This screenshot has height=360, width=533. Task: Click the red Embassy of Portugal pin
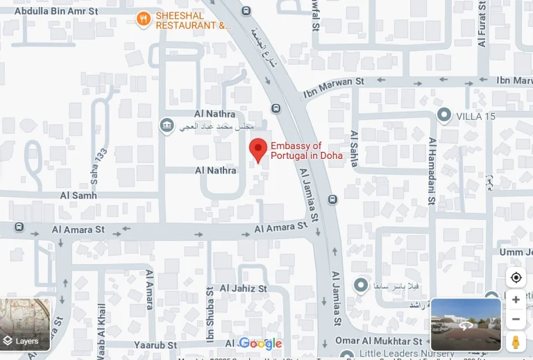pyautogui.click(x=258, y=149)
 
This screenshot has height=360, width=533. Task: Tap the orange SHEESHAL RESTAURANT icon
pyautogui.click(x=144, y=19)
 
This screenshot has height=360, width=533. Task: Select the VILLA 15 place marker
pyautogui.click(x=444, y=115)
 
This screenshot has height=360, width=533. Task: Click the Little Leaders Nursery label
pyautogui.click(x=406, y=353)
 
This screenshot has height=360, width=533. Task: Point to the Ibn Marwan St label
pyautogui.click(x=333, y=87)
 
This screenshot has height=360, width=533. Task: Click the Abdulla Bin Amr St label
pyautogui.click(x=56, y=11)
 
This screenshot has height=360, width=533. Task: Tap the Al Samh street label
pyautogui.click(x=78, y=196)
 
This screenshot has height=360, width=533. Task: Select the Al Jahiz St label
pyautogui.click(x=244, y=288)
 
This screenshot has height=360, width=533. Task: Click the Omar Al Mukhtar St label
pyautogui.click(x=378, y=341)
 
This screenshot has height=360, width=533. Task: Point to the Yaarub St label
pyautogui.click(x=157, y=345)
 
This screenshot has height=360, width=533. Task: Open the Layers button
pyautogui.click(x=26, y=325)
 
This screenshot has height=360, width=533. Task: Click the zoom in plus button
pyautogui.click(x=516, y=300)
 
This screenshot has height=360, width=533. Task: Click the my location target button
pyautogui.click(x=516, y=277)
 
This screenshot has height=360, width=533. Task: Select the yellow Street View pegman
pyautogui.click(x=516, y=341)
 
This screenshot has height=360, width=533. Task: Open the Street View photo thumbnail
pyautogui.click(x=466, y=324)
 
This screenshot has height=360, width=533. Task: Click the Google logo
pyautogui.click(x=260, y=343)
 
